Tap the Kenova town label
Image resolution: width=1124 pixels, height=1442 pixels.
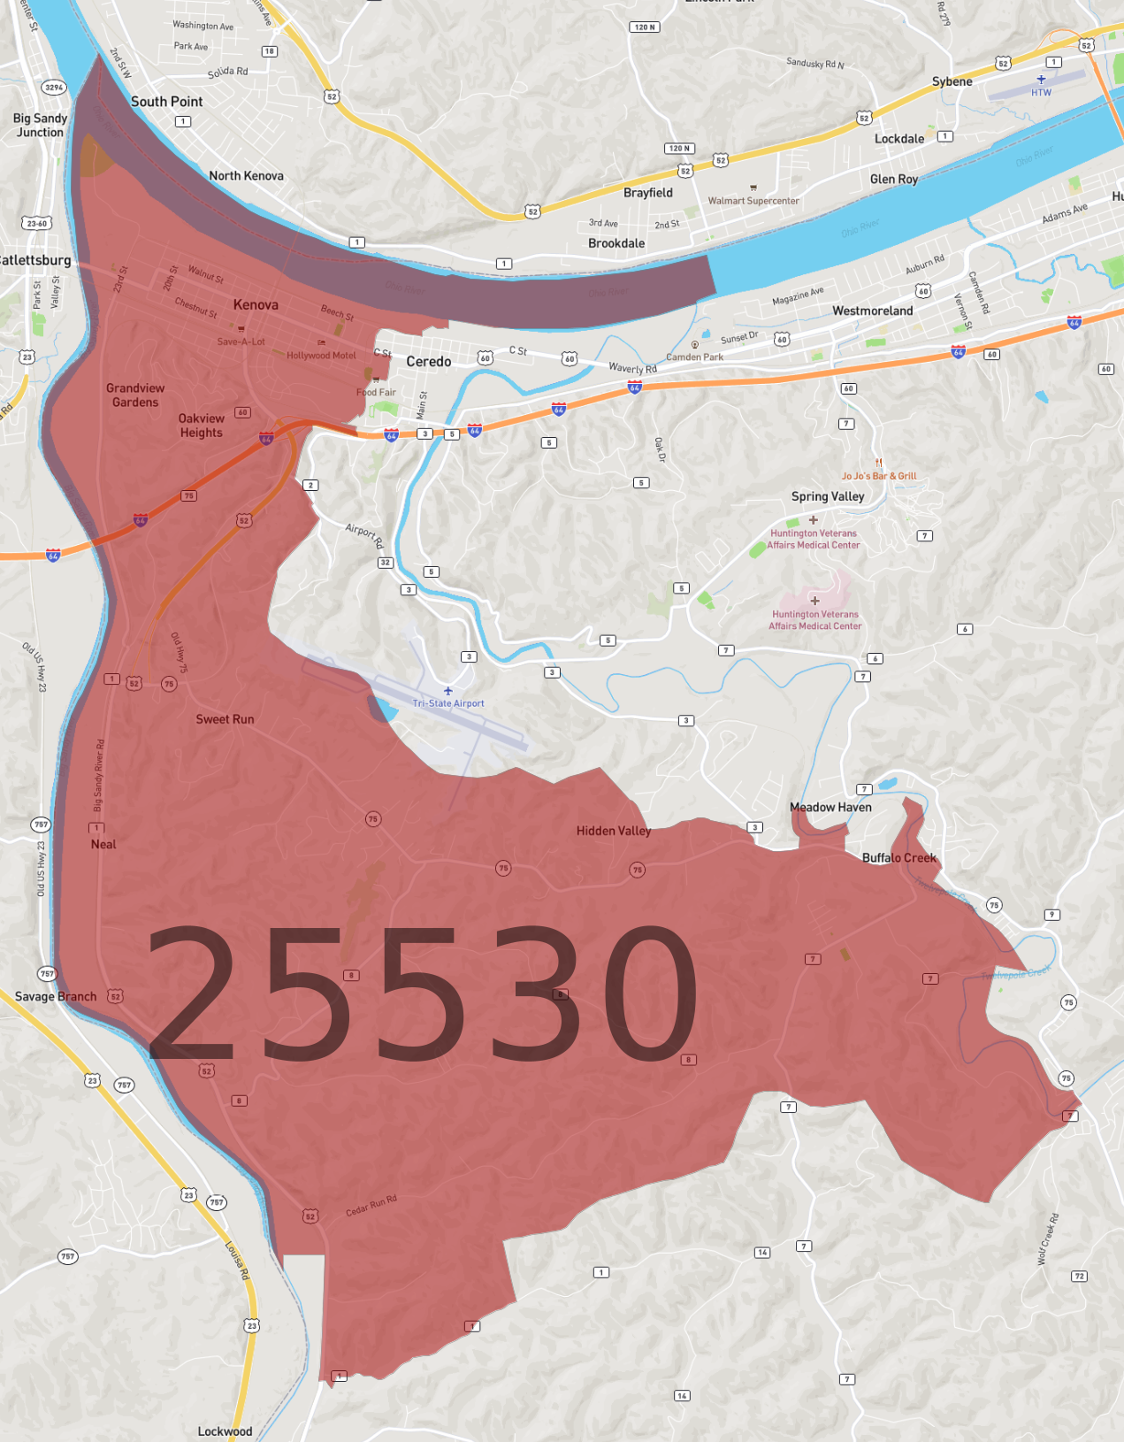tap(256, 305)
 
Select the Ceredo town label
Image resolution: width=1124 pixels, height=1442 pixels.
tap(429, 362)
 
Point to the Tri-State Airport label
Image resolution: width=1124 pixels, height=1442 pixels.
tap(448, 703)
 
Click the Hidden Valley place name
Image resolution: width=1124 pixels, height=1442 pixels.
tap(614, 831)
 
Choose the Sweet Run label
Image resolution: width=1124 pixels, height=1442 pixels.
tap(225, 719)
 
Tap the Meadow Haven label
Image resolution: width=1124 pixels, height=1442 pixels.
tap(830, 807)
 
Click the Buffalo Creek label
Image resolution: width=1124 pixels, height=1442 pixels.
tap(898, 857)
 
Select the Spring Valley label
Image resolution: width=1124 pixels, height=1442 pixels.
tap(828, 496)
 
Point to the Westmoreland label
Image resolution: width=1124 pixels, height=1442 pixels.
tap(872, 311)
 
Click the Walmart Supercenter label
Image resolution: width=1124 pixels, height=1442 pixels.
tap(753, 201)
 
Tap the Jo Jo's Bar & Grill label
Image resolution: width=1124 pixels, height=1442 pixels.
tap(879, 476)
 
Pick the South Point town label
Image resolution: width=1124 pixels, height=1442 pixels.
tap(167, 102)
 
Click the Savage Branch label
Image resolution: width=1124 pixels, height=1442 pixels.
tap(56, 996)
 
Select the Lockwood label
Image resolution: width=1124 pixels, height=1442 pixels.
tap(225, 1431)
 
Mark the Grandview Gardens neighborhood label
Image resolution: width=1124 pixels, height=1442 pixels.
tap(135, 395)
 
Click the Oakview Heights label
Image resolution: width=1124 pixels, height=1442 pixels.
tap(202, 426)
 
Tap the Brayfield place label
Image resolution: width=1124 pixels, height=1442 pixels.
tap(648, 193)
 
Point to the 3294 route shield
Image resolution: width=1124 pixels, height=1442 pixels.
tap(55, 87)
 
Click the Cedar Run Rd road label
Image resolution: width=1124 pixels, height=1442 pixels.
tap(371, 1205)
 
